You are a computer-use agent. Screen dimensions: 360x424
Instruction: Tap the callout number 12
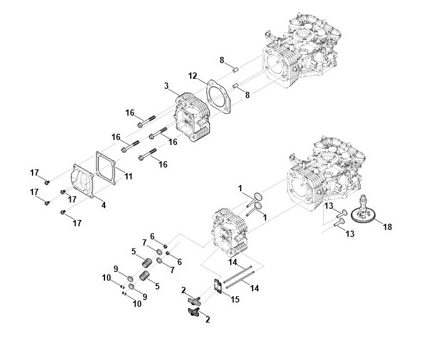[x=193, y=76]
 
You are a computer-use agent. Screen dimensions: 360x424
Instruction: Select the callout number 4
[x=104, y=204]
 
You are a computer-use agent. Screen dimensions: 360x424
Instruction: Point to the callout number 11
[x=128, y=177]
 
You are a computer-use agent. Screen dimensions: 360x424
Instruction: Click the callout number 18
[x=387, y=226]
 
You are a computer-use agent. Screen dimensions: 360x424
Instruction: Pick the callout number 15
[x=235, y=299]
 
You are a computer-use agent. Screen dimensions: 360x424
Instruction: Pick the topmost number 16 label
[x=130, y=112]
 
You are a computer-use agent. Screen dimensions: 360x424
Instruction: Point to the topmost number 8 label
[x=221, y=60]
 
